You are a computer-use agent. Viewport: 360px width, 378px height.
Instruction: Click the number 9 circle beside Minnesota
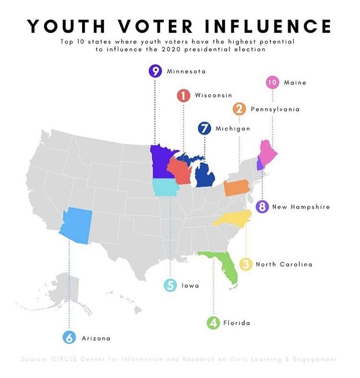pyautogui.click(x=155, y=71)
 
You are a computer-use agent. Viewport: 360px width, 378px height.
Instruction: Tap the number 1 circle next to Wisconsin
pyautogui.click(x=183, y=95)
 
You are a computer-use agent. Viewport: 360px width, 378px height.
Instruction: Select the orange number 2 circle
pyautogui.click(x=239, y=109)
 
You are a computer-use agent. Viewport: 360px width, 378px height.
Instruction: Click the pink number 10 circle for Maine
pyautogui.click(x=272, y=83)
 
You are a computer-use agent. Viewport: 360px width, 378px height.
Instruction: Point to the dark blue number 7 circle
pyautogui.click(x=204, y=129)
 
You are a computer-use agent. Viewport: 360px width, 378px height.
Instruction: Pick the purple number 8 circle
pyautogui.click(x=262, y=207)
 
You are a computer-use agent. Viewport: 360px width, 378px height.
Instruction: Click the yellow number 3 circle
pyautogui.click(x=246, y=264)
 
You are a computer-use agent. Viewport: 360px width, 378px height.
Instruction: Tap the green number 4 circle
pyautogui.click(x=213, y=323)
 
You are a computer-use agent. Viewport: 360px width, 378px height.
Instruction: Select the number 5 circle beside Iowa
pyautogui.click(x=170, y=285)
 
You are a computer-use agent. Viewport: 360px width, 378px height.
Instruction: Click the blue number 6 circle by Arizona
pyautogui.click(x=70, y=338)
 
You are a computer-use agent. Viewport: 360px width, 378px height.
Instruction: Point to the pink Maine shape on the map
pyautogui.click(x=265, y=151)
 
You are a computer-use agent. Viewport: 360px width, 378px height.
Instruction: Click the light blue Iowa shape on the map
pyautogui.click(x=166, y=188)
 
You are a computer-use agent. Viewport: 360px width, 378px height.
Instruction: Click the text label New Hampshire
pyautogui.click(x=301, y=207)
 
